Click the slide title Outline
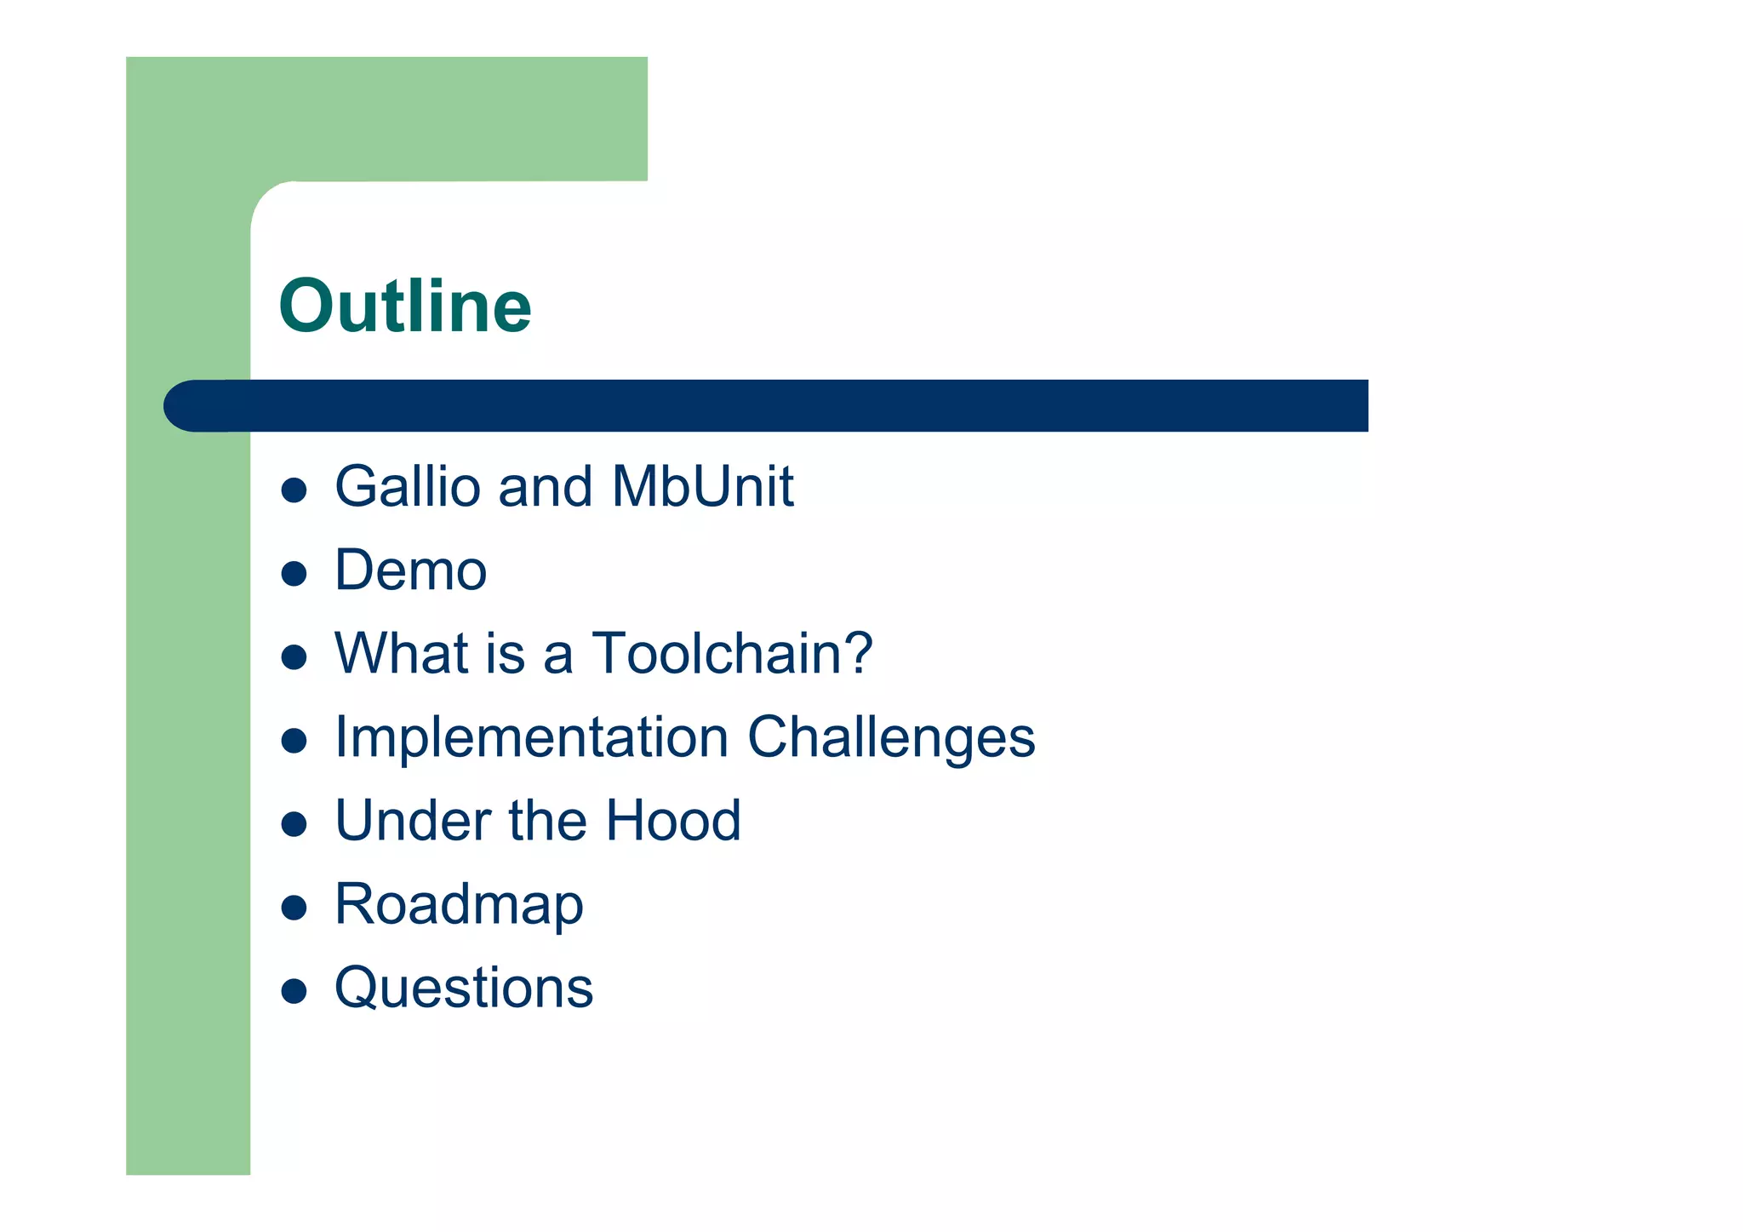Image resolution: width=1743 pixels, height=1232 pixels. tap(405, 307)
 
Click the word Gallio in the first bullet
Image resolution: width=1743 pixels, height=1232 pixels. tap(407, 487)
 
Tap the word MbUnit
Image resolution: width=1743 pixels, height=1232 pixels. tap(702, 487)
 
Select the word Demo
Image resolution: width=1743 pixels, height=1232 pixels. tap(411, 570)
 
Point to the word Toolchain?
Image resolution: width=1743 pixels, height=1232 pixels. tap(732, 654)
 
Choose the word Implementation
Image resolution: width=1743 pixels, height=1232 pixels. tap(531, 737)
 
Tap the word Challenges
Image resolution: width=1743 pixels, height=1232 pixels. tap(891, 737)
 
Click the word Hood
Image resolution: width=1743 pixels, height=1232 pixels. tap(673, 821)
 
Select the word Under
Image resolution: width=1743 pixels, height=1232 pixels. tap(413, 821)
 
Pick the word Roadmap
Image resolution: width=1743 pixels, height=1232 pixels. tap(459, 905)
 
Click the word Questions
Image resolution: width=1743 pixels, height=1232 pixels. tap(464, 988)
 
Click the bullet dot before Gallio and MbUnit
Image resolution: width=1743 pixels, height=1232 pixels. tap(294, 490)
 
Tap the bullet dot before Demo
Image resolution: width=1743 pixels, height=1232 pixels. tap(294, 574)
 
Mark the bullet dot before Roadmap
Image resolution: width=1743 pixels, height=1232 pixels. tap(294, 908)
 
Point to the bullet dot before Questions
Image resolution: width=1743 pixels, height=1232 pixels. tap(294, 991)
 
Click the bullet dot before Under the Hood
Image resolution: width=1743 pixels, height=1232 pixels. tap(294, 824)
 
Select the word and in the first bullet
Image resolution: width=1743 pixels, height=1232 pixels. tap(545, 487)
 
